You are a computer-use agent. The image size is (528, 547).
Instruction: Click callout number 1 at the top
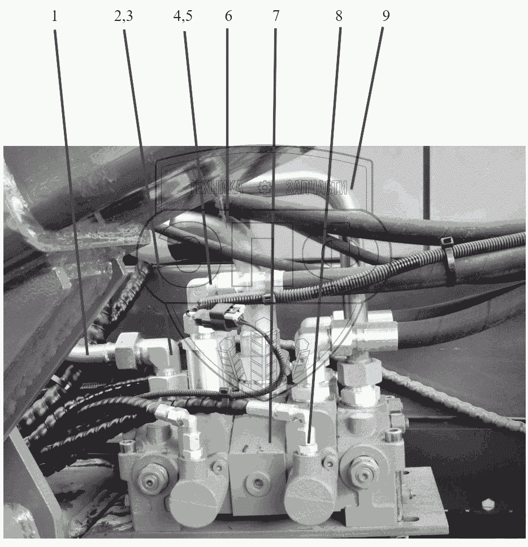pyautogui.click(x=54, y=16)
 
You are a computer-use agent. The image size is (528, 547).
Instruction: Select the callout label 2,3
pyautogui.click(x=123, y=16)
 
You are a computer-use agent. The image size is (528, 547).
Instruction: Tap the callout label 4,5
pyautogui.click(x=183, y=16)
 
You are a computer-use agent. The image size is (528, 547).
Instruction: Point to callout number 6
pyautogui.click(x=228, y=16)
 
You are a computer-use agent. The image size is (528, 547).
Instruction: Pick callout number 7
pyautogui.click(x=275, y=16)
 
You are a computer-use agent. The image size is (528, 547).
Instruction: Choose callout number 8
pyautogui.click(x=339, y=16)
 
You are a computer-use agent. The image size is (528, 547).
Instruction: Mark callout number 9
pyautogui.click(x=386, y=16)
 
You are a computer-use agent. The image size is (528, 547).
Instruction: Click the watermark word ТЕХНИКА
pyautogui.click(x=216, y=187)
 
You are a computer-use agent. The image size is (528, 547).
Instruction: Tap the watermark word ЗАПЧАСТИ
pyautogui.click(x=317, y=188)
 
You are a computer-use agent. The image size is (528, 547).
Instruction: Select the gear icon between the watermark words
pyautogui.click(x=265, y=188)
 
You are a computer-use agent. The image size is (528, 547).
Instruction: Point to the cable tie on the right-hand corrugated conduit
pyautogui.click(x=448, y=261)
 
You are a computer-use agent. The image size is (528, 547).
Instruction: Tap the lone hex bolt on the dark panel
pyautogui.click(x=487, y=504)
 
